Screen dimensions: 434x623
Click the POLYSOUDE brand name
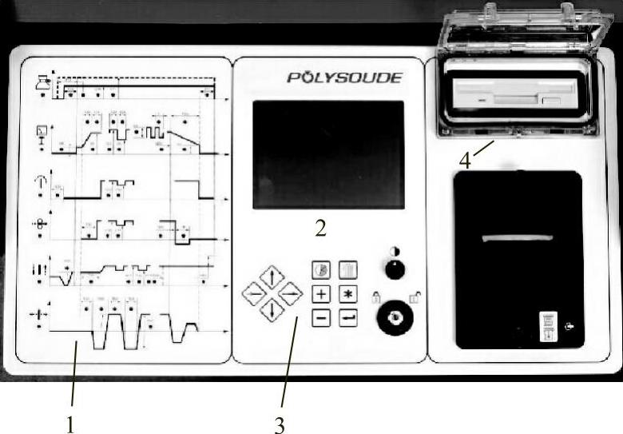[344, 78]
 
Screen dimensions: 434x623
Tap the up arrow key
[272, 277]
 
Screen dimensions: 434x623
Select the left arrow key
[254, 294]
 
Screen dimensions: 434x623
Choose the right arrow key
[290, 294]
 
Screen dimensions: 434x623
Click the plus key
[321, 293]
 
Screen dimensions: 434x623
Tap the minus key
[321, 317]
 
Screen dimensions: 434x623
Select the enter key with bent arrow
[347, 317]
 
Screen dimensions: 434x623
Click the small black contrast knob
[395, 270]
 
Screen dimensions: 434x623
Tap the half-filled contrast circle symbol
[395, 251]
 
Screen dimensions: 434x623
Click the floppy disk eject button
[550, 102]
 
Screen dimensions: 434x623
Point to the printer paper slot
[517, 239]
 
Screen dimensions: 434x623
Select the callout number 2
[320, 229]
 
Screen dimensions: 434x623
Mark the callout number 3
[279, 424]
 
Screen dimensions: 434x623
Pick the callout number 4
[465, 160]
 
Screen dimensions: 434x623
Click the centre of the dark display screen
[328, 154]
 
